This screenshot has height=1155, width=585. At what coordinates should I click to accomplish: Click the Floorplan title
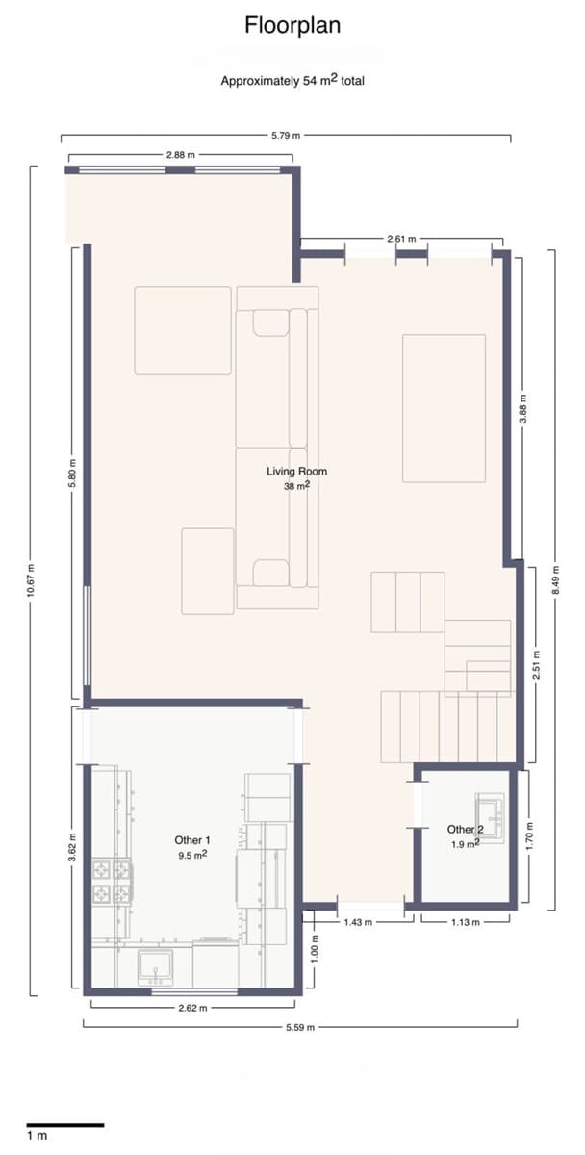click(292, 25)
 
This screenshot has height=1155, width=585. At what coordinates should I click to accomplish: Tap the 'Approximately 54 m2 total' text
click(292, 81)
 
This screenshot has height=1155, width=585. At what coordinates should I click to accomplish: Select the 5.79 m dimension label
click(286, 137)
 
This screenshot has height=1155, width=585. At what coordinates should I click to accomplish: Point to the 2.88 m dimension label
click(180, 155)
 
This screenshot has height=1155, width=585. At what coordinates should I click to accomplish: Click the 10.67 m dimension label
click(31, 580)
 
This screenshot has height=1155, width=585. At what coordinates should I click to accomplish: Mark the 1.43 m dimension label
click(359, 921)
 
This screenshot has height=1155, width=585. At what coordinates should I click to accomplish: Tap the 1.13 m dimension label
click(466, 921)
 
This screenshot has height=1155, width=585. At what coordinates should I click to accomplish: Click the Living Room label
click(296, 472)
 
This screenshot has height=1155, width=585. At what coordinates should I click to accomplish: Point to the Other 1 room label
click(192, 840)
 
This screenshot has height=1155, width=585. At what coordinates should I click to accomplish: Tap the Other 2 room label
click(465, 830)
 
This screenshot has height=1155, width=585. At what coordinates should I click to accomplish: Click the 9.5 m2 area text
click(192, 854)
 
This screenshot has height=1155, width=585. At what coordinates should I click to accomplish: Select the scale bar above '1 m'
click(64, 1124)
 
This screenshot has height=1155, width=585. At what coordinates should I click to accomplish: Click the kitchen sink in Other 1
click(155, 965)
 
